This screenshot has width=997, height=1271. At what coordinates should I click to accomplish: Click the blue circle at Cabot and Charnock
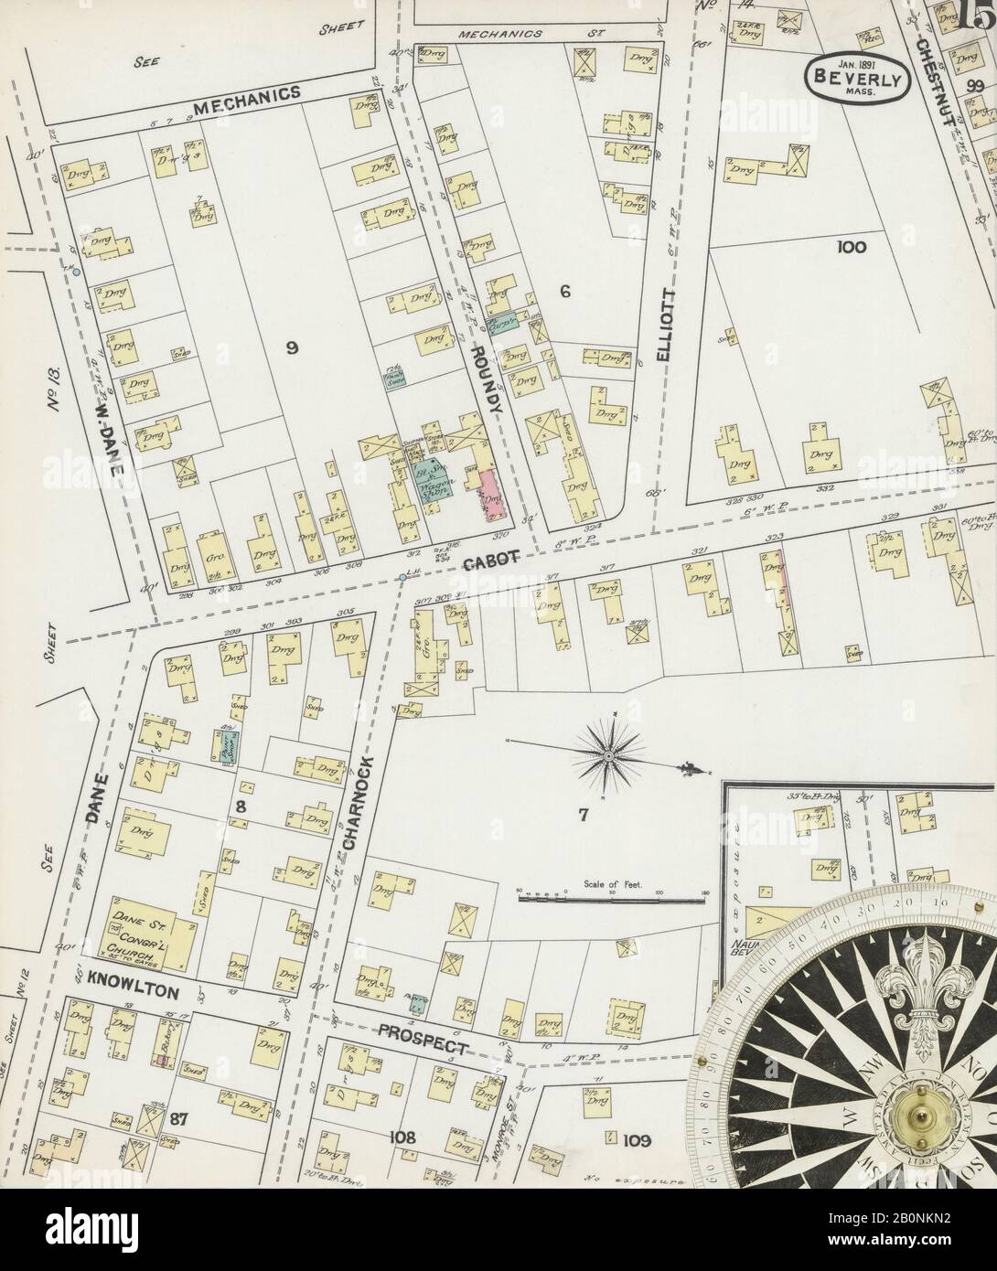(402, 578)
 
